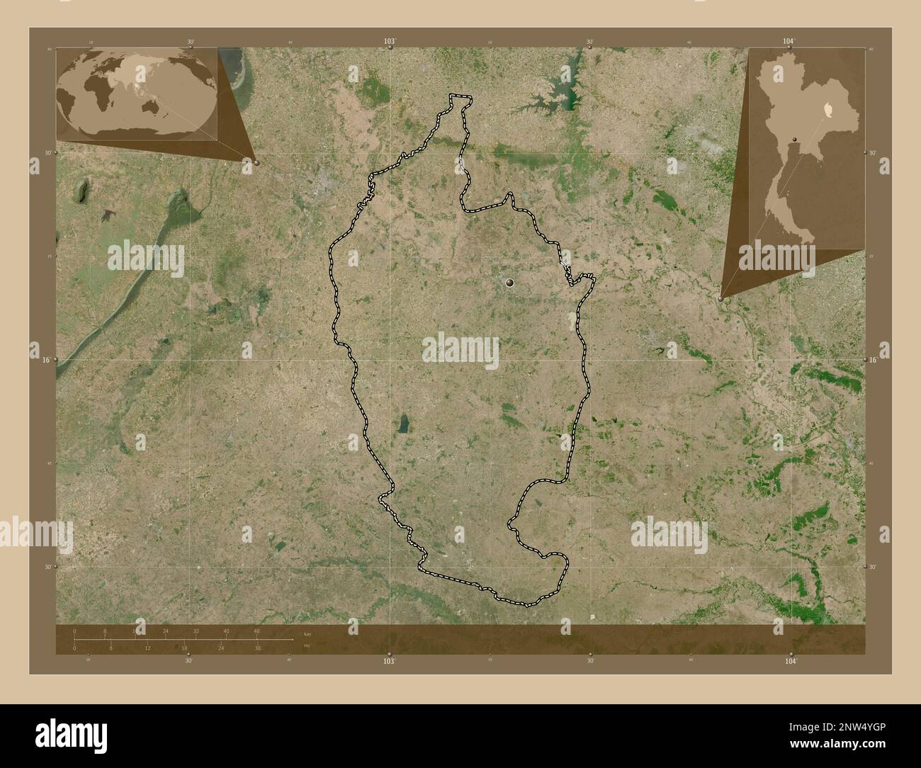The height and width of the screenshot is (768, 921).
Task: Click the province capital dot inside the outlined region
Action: pyautogui.click(x=509, y=283)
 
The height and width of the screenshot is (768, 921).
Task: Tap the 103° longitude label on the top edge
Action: pyautogui.click(x=389, y=42)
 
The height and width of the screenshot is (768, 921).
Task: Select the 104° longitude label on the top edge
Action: pyautogui.click(x=789, y=42)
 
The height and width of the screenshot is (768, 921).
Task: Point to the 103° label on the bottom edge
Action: pyautogui.click(x=389, y=660)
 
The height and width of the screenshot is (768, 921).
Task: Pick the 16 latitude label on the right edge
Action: pyautogui.click(x=874, y=360)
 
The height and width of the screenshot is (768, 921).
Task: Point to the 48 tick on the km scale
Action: pyautogui.click(x=256, y=631)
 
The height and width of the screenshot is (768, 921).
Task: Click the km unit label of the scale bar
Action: pyautogui.click(x=307, y=634)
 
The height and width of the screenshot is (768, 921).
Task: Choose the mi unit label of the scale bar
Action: pyautogui.click(x=306, y=646)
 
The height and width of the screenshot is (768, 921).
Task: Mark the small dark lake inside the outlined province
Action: pyautogui.click(x=402, y=424)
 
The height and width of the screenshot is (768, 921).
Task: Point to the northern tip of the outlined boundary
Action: pyautogui.click(x=460, y=96)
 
